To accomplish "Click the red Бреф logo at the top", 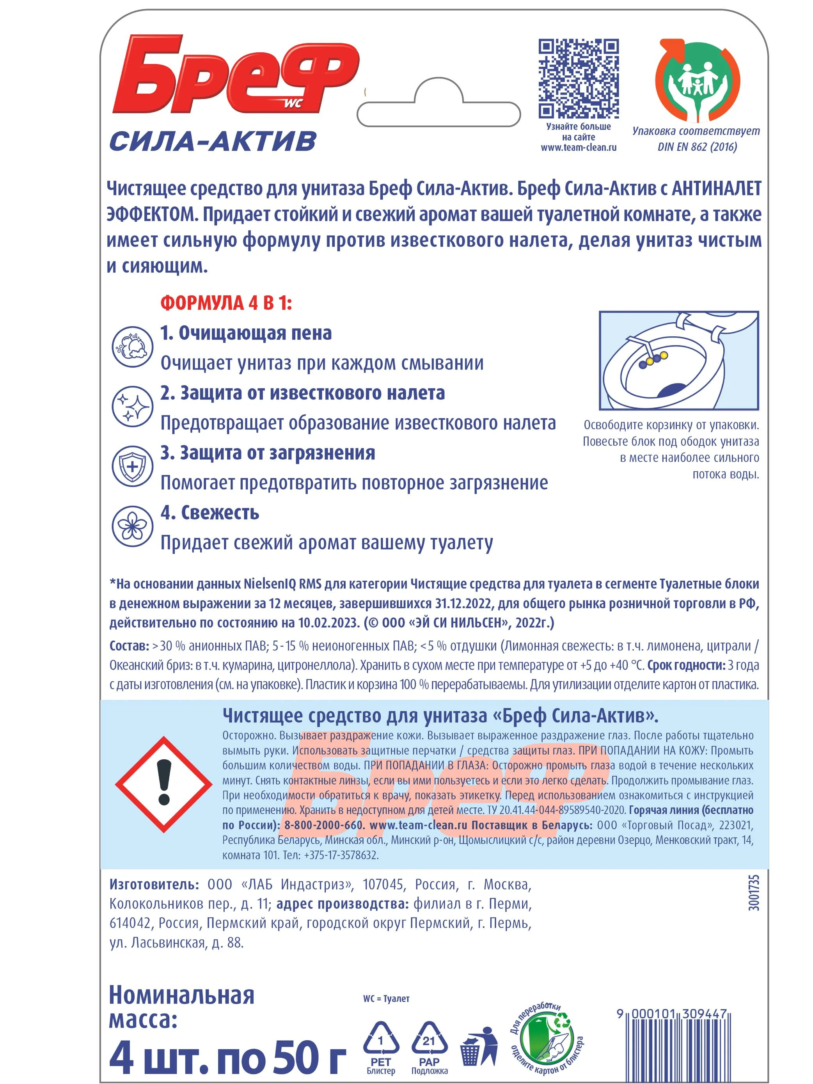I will (235, 75).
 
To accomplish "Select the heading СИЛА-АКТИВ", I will (213, 142).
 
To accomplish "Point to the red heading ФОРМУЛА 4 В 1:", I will (226, 303).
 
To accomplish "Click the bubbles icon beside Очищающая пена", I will (132, 347).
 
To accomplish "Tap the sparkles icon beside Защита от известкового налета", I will (132, 406).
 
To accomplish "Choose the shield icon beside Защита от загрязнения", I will (132, 466).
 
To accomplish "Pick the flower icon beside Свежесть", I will (132, 526).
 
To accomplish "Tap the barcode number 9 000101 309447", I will (671, 1013).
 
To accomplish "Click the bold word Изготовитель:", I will (154, 885).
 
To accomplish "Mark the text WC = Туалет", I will (386, 998).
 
